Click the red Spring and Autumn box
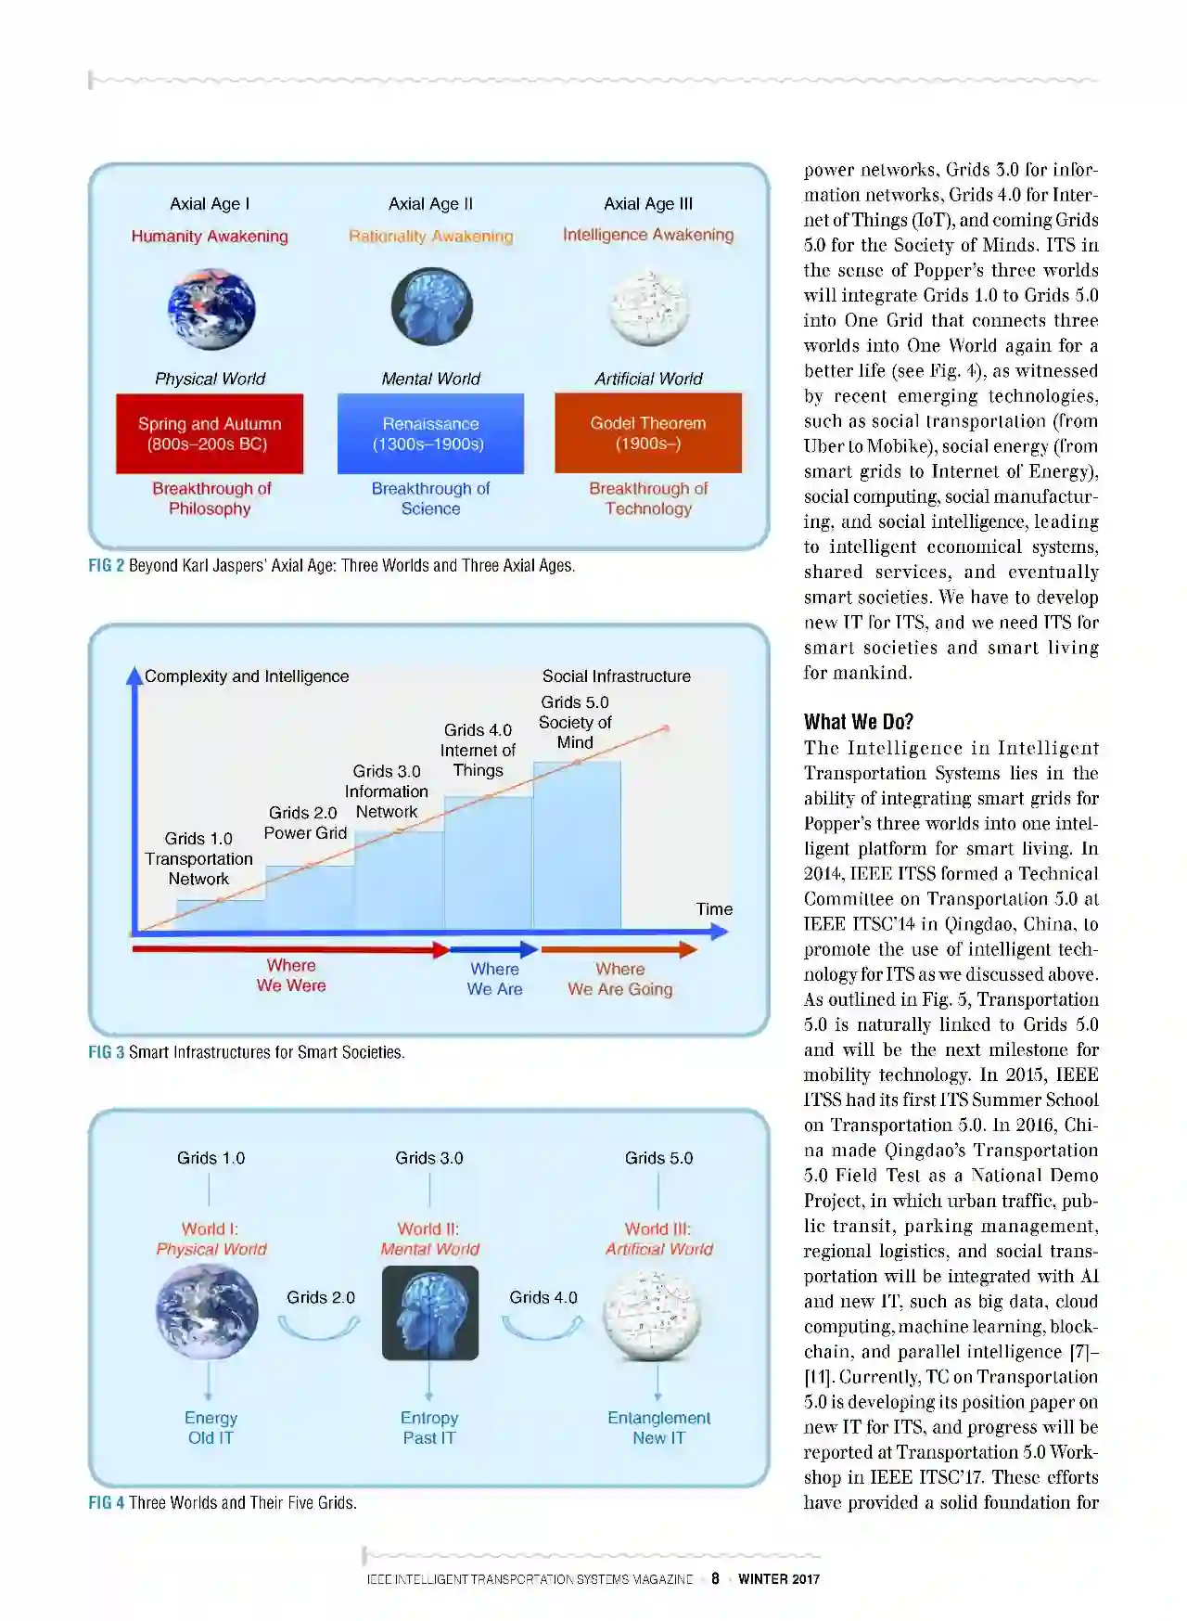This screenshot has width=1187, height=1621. pos(210,433)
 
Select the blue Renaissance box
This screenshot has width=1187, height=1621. pos(430,433)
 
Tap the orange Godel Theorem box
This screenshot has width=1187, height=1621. pos(648,432)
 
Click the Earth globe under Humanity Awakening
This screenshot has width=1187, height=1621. pos(211,309)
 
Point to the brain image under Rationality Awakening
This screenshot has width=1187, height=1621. pos(431,307)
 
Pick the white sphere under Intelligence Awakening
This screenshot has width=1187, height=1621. pos(648,307)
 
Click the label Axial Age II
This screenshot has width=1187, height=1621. pos(430,204)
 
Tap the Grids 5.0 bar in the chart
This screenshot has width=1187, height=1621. pos(577,844)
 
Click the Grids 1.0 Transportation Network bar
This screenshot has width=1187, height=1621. pos(221,915)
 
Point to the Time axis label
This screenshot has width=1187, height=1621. pos(714,909)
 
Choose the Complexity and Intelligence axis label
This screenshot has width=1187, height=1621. pos(247,676)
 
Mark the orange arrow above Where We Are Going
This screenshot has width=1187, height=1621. pos(619,949)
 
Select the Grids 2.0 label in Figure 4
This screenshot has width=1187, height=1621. pos(320,1297)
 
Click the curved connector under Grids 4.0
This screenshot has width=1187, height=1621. pos(542,1330)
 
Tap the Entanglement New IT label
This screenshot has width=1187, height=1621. pos(658,1428)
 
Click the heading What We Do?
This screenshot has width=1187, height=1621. pos(859,722)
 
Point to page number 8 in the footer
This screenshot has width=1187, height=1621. pos(715,1578)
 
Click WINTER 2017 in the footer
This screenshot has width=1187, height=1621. pos(779,1578)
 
